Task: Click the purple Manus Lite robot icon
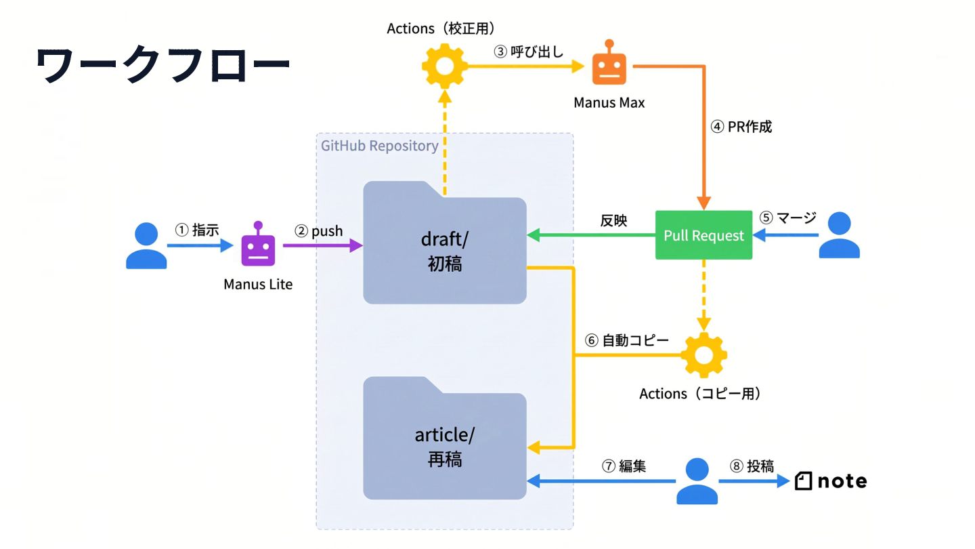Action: [258, 244]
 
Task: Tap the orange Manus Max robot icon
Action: [609, 62]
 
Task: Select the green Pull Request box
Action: [704, 235]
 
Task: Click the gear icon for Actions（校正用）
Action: [444, 66]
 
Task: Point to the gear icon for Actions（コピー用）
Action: [704, 355]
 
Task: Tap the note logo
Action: [831, 481]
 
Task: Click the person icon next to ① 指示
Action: [146, 246]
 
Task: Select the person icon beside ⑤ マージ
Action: [839, 235]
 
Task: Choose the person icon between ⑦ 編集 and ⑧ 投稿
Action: [697, 481]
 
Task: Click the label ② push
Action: [319, 230]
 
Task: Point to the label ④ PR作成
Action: [741, 127]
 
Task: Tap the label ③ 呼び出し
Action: [528, 52]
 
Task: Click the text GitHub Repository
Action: [380, 146]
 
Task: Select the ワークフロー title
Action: [162, 65]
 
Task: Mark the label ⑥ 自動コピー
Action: [626, 340]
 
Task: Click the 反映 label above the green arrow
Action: [613, 220]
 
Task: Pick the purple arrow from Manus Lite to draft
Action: [323, 246]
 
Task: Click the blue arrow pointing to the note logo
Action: [754, 481]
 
